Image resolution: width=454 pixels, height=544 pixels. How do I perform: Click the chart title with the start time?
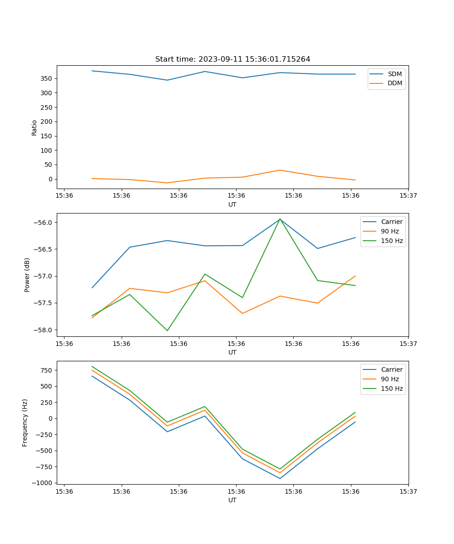[232, 59]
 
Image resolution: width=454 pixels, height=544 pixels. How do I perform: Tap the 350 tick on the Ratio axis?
[47, 78]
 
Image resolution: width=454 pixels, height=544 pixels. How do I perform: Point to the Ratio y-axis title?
[35, 127]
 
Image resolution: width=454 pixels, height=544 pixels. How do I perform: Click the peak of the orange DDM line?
[280, 170]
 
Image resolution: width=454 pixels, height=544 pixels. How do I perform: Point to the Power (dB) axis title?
[27, 275]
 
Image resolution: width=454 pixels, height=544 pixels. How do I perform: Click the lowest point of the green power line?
[167, 330]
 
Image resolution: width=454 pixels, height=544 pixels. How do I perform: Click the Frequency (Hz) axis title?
[25, 423]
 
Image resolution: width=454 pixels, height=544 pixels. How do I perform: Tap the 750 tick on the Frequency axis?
[47, 370]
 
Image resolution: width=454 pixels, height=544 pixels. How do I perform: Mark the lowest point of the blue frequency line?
[280, 478]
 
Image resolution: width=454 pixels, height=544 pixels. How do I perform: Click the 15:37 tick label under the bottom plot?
[408, 491]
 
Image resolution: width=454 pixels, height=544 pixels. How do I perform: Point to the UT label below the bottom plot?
[232, 500]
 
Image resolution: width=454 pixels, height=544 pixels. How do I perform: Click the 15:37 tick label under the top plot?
[408, 196]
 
